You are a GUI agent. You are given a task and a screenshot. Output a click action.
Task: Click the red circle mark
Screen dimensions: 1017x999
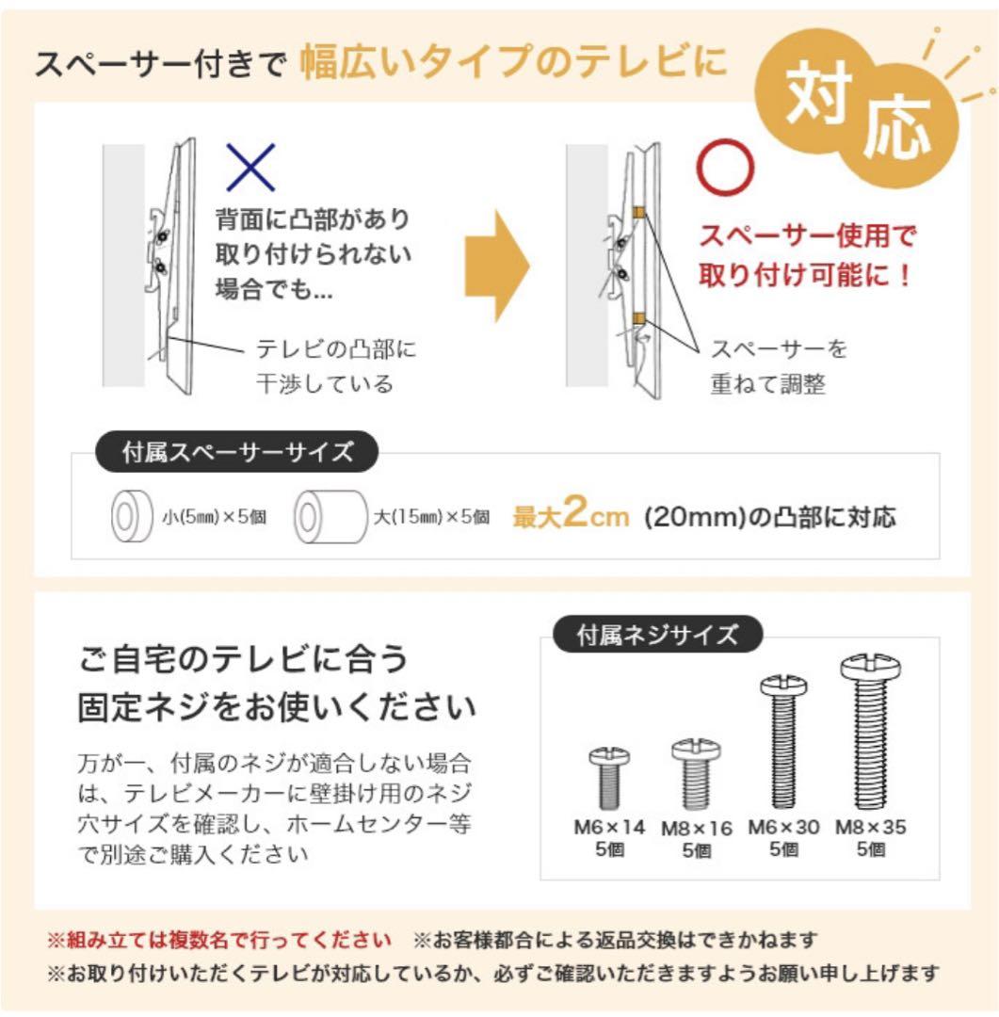pyautogui.click(x=725, y=168)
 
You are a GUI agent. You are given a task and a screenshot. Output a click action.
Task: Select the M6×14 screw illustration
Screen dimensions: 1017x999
pyautogui.click(x=608, y=777)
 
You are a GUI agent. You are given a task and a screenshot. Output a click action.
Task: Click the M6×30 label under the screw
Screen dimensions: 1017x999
pyautogui.click(x=783, y=828)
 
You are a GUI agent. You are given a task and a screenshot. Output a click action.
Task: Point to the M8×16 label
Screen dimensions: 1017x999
pyautogui.click(x=696, y=830)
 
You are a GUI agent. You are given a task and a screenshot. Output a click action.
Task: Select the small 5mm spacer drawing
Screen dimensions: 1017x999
pyautogui.click(x=126, y=517)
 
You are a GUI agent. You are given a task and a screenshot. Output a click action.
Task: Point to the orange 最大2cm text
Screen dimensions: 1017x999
pyautogui.click(x=571, y=516)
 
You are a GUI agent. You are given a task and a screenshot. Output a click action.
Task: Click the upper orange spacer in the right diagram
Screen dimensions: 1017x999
pyautogui.click(x=638, y=214)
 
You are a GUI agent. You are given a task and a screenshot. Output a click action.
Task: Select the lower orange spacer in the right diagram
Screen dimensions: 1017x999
pyautogui.click(x=638, y=319)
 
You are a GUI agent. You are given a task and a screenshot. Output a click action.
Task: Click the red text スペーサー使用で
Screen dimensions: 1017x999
pyautogui.click(x=806, y=234)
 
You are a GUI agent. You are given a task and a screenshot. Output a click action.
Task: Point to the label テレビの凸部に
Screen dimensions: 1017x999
pyautogui.click(x=336, y=350)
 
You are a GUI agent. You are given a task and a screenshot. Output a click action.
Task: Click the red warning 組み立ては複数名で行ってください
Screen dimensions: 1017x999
pyautogui.click(x=219, y=940)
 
